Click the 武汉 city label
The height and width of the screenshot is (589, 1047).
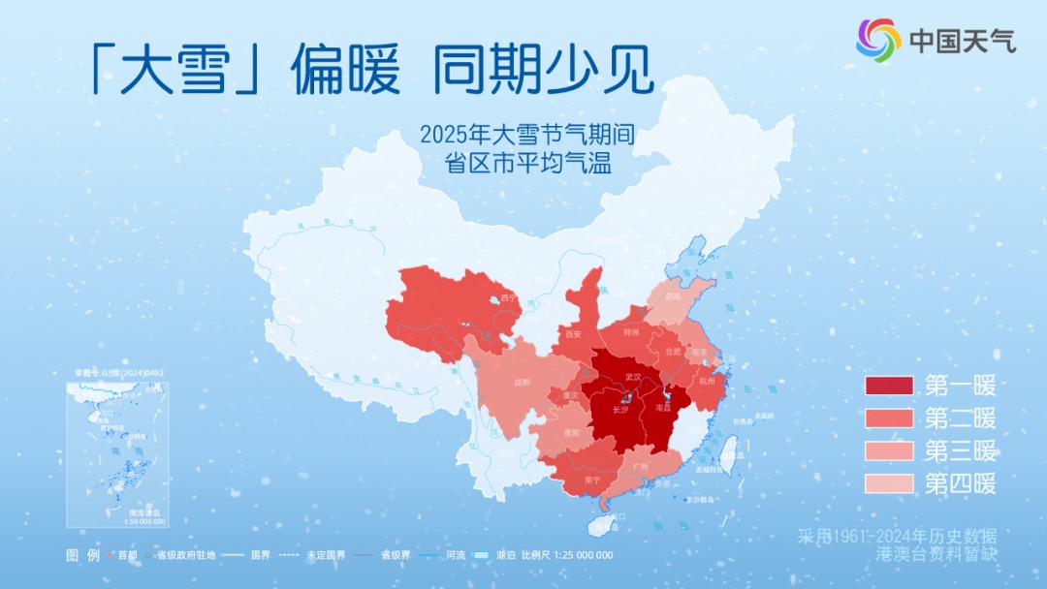click(633, 375)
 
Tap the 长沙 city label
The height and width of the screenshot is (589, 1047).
click(621, 410)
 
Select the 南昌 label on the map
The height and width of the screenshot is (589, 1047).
click(664, 410)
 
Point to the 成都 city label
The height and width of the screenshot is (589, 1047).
click(523, 382)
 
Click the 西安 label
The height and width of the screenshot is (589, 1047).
click(572, 334)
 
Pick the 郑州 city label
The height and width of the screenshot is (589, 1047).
click(632, 331)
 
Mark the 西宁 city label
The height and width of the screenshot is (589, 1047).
click(509, 297)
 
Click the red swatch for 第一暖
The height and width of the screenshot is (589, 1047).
click(889, 387)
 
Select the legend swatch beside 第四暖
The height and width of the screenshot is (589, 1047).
click(889, 482)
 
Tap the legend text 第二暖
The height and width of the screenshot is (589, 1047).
click(960, 418)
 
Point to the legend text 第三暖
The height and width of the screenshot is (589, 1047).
click(960, 450)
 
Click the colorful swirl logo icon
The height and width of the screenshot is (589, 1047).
click(878, 40)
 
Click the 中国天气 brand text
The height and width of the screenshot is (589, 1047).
click(963, 41)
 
